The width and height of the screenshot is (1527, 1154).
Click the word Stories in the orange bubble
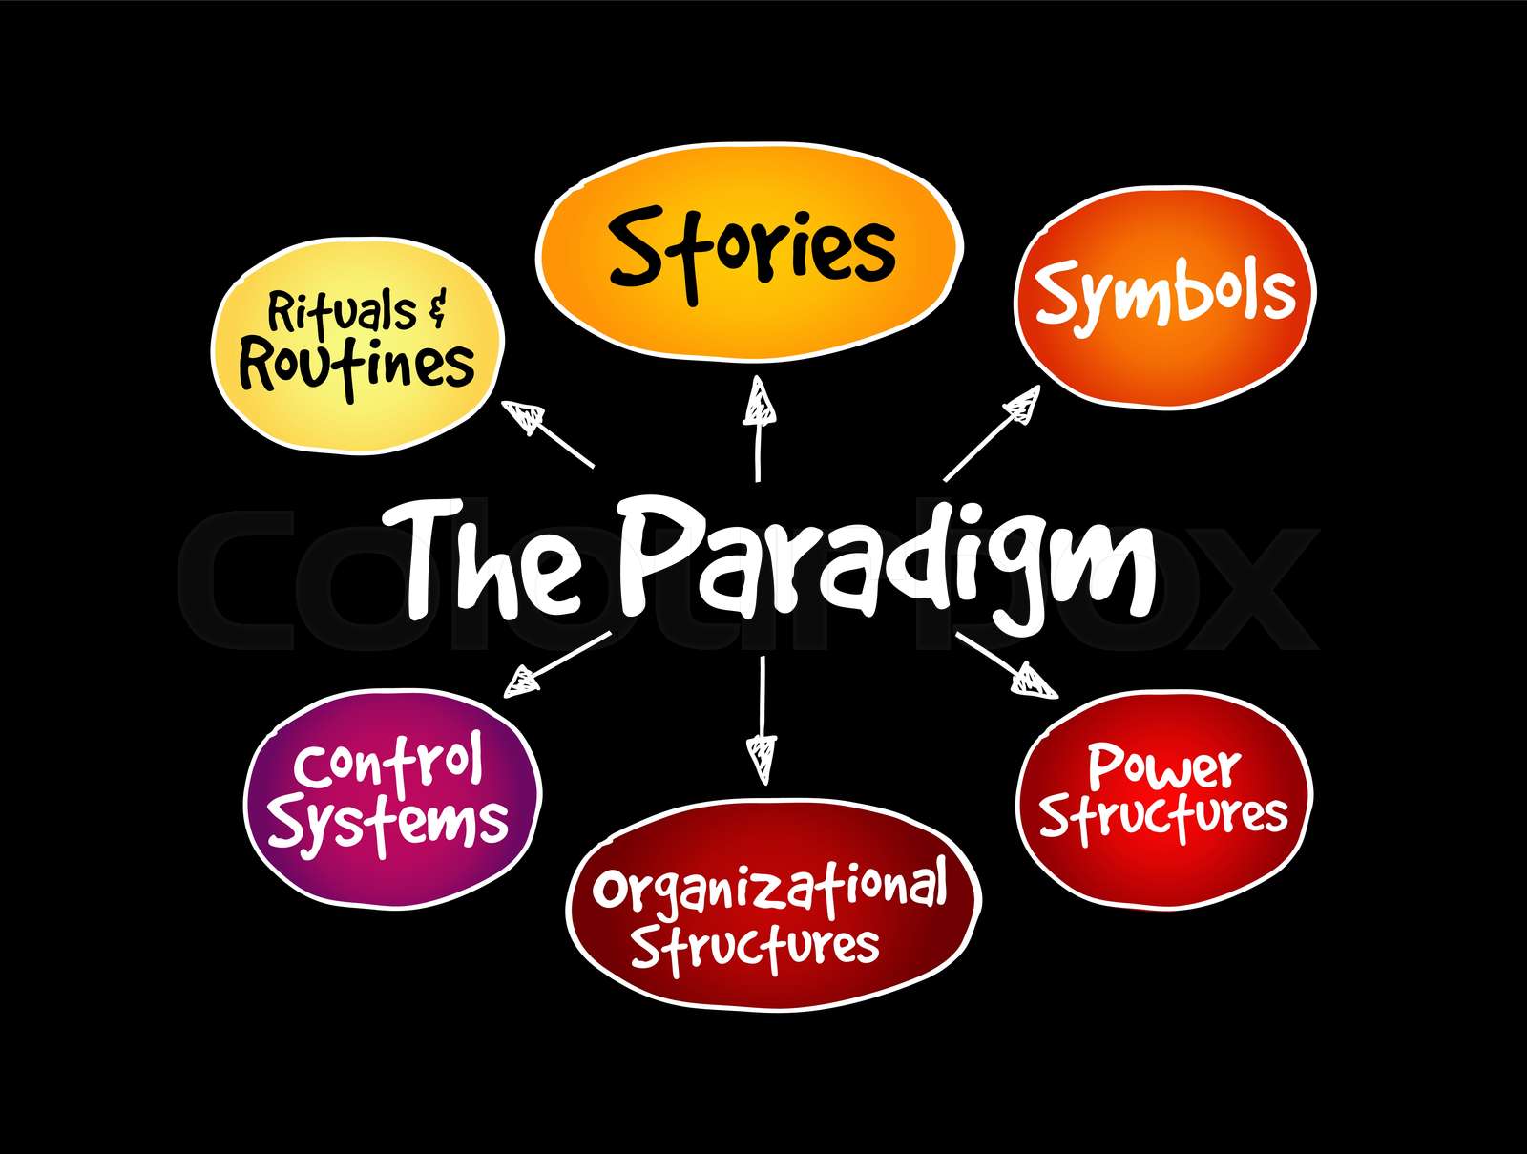[752, 251]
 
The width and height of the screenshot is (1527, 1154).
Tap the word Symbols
[1165, 294]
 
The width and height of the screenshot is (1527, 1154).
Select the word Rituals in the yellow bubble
[341, 312]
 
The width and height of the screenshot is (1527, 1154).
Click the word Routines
[357, 366]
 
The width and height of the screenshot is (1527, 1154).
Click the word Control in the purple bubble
[387, 765]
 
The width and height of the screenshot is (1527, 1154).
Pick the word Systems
[387, 824]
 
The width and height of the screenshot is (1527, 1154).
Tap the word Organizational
[769, 888]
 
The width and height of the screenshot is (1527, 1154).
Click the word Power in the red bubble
[1163, 766]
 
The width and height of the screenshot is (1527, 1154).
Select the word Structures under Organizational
[754, 946]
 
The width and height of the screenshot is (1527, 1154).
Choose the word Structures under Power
[1163, 816]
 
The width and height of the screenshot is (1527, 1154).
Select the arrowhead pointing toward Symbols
[1022, 405]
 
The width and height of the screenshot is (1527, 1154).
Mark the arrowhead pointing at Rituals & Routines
[524, 417]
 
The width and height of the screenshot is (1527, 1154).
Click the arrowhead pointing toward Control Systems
[522, 682]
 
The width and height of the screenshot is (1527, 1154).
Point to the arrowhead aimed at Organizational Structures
[762, 756]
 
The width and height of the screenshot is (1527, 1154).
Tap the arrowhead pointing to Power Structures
[1034, 681]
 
